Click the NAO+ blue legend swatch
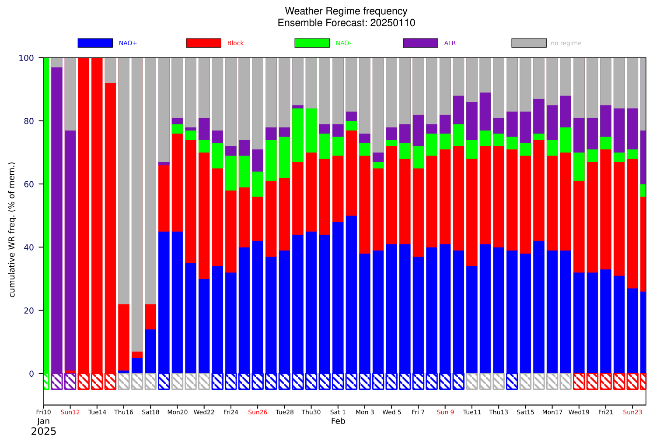[x=95, y=43]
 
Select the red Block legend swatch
[x=203, y=43]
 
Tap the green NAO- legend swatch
[x=312, y=43]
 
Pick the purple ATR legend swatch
[x=420, y=43]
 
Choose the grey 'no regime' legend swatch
[x=529, y=43]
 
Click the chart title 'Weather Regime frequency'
[x=346, y=11]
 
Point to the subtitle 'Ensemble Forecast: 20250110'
[x=346, y=23]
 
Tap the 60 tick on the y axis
[x=29, y=184]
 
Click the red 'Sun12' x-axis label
[x=70, y=412]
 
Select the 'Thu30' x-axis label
[x=311, y=412]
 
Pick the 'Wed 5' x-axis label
[x=391, y=412]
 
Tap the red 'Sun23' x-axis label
[x=632, y=412]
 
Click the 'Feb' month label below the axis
[x=338, y=421]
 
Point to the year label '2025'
[x=43, y=431]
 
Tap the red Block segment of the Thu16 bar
[x=124, y=337]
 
